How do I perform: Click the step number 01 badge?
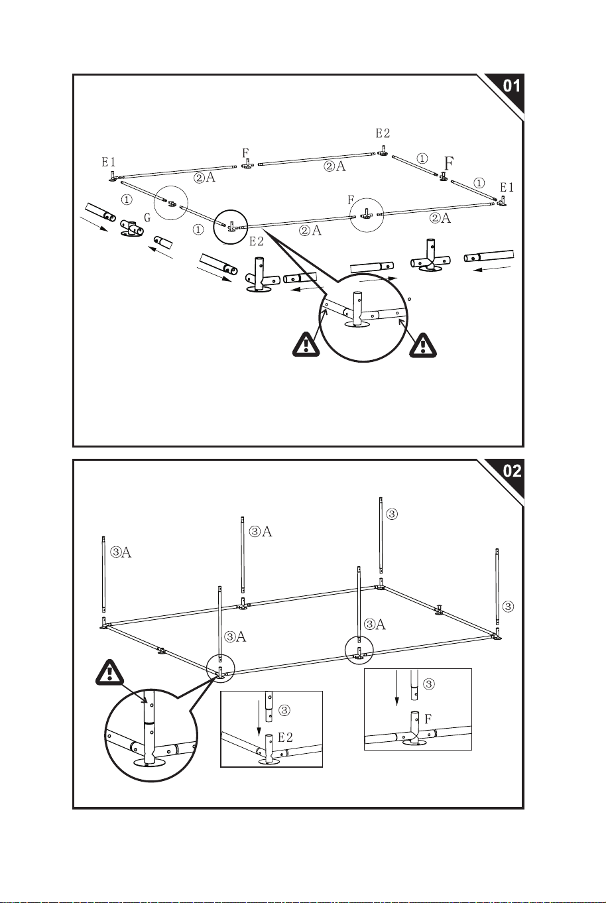pos(512,86)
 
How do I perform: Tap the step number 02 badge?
pos(512,471)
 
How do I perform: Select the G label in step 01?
pos(147,217)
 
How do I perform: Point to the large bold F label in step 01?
pos(449,164)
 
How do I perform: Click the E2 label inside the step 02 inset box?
pos(285,738)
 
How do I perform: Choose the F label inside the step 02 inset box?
pos(428,719)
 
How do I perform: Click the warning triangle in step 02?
pos(109,672)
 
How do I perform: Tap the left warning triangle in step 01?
pos(306,345)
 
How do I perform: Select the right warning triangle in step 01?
pos(423,345)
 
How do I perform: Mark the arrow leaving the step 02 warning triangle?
pos(135,693)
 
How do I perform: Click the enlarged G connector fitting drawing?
pos(132,229)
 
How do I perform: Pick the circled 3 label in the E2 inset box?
pos(284,710)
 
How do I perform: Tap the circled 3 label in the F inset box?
pos(429,684)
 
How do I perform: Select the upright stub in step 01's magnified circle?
pos(357,308)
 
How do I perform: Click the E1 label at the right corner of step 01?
pos(507,188)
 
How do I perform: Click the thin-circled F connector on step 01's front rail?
pos(366,213)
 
